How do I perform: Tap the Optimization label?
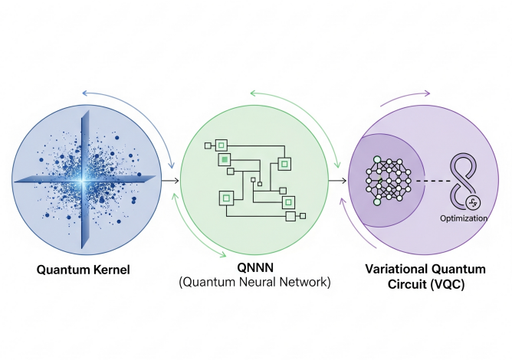point(464,218)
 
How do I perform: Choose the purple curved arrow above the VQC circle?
point(406,97)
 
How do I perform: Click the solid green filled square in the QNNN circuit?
point(225,159)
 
